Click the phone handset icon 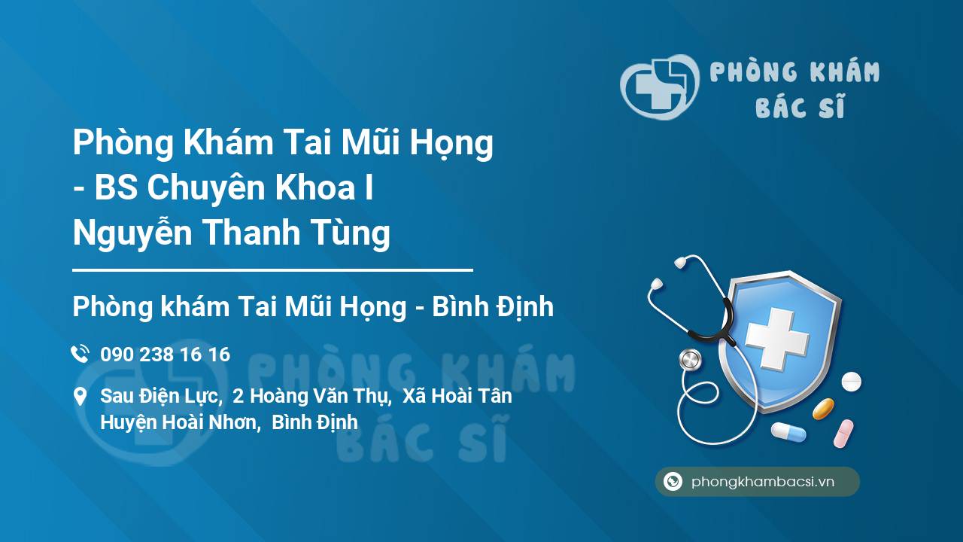(80, 354)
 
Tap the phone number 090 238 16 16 (165, 355)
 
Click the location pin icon (80, 397)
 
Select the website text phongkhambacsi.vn (763, 481)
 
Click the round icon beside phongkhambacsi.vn (673, 481)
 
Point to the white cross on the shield (777, 338)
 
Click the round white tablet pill (851, 382)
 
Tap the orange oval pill (823, 409)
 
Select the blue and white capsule (788, 432)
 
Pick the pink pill (843, 434)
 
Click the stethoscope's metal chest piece (690, 360)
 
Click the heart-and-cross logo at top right (660, 87)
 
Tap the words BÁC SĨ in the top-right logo (800, 106)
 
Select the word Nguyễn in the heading (132, 233)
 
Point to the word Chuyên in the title (206, 187)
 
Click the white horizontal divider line (272, 270)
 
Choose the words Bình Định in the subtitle (493, 307)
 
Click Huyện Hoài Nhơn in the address (181, 422)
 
